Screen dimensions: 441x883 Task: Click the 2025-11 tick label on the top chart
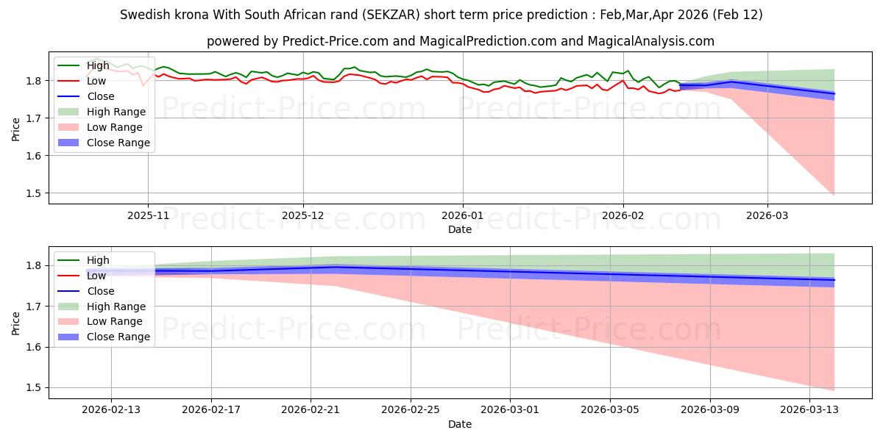[148, 215]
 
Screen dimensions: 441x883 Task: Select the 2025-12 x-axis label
[303, 215]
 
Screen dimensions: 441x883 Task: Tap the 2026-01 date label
[463, 215]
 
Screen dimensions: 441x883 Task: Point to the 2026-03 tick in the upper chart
[767, 215]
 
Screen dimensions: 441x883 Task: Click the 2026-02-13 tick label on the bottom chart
[111, 410]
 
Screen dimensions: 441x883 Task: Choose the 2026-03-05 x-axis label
[610, 410]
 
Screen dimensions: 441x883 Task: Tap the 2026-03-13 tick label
[809, 410]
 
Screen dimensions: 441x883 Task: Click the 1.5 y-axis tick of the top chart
[35, 193]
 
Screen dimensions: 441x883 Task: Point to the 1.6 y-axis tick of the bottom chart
[35, 347]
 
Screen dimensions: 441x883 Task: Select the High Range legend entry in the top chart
[116, 112]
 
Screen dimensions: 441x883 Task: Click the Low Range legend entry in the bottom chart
[115, 322]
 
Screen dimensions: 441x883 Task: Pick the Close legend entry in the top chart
[100, 96]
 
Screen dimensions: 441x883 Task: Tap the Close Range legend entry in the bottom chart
[118, 337]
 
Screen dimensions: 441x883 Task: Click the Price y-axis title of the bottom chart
[16, 322]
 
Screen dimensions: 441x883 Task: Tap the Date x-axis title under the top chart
[460, 229]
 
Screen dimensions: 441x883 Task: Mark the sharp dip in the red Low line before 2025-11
[143, 85]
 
